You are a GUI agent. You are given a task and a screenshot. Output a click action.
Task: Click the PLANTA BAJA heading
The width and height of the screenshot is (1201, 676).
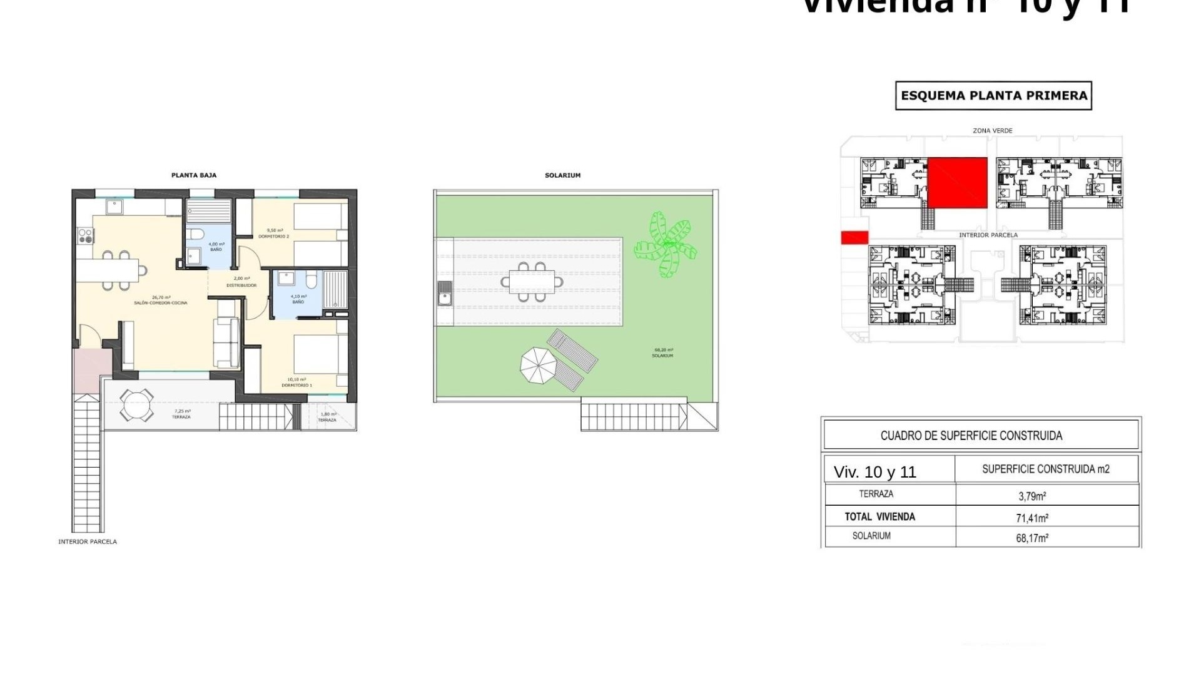pyautogui.click(x=194, y=175)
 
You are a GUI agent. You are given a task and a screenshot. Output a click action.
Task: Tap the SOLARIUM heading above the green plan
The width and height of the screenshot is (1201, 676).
pyautogui.click(x=562, y=175)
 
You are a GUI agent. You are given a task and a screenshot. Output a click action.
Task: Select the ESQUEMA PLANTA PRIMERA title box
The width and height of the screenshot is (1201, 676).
pyautogui.click(x=993, y=96)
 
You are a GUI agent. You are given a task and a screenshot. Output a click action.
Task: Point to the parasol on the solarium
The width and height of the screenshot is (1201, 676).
pyautogui.click(x=538, y=365)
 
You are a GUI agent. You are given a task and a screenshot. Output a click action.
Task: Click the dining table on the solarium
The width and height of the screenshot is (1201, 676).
pyautogui.click(x=532, y=282)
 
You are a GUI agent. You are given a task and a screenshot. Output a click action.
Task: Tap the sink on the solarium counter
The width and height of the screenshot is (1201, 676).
pyautogui.click(x=445, y=293)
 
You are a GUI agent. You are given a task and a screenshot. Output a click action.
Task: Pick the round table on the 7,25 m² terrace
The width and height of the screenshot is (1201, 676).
pyautogui.click(x=136, y=406)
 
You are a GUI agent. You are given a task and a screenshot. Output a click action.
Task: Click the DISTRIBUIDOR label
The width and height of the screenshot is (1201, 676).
pyautogui.click(x=241, y=285)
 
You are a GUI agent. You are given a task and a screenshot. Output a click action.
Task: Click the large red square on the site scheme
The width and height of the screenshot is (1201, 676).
pyautogui.click(x=957, y=183)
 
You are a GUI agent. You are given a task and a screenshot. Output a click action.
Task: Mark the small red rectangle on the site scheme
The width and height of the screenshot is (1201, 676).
pyautogui.click(x=854, y=237)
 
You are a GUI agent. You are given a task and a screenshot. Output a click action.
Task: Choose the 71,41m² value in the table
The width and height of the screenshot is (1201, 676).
pyautogui.click(x=1032, y=518)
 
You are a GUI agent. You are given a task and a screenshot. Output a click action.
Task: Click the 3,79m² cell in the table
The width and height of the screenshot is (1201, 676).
pyautogui.click(x=1032, y=496)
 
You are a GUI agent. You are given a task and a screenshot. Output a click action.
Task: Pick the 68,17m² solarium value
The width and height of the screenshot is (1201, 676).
pyautogui.click(x=1032, y=538)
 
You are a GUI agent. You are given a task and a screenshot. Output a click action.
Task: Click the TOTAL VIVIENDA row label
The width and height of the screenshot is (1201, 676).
pyautogui.click(x=879, y=517)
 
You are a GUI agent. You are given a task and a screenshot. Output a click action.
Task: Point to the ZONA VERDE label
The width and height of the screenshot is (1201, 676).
pyautogui.click(x=992, y=131)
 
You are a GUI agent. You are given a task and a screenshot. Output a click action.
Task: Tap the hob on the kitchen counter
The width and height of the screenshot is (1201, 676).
pyautogui.click(x=86, y=236)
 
